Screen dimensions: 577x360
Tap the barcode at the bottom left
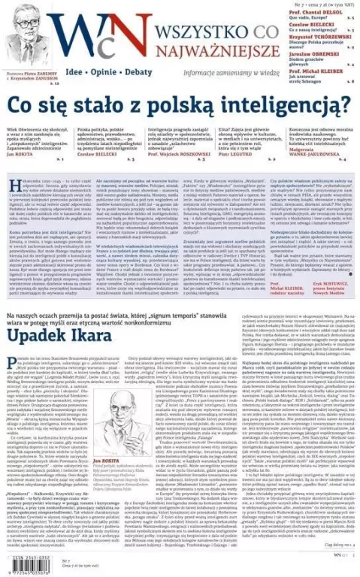coord(31,560)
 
